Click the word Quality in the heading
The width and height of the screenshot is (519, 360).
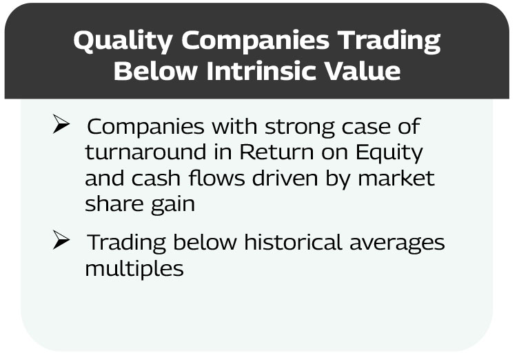coord(123,41)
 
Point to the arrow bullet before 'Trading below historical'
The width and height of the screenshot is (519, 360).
coord(61,240)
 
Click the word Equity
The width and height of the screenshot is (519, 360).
coord(389,153)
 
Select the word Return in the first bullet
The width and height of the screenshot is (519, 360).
coord(276,152)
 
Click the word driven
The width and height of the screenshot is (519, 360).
coord(285,177)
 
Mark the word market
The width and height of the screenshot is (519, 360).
coord(396,178)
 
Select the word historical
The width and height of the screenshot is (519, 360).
coord(293,242)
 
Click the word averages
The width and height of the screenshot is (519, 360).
coord(397,243)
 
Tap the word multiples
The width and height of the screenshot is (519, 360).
coord(134,269)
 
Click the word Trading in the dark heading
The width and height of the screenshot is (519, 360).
coord(391,41)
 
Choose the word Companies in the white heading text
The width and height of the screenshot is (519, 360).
coord(256,41)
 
